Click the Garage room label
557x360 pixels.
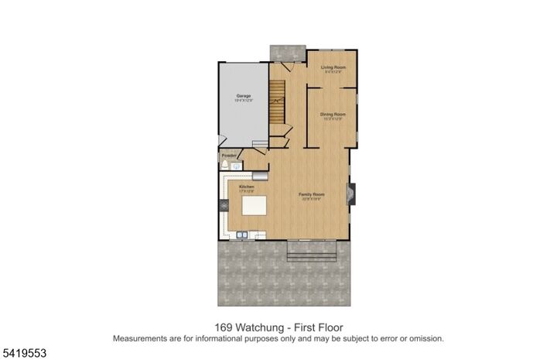coord(244,97)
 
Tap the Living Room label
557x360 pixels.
coord(333,68)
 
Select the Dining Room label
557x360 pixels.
coord(333,115)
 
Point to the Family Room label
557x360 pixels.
coord(313,194)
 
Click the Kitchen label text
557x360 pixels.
coord(247,187)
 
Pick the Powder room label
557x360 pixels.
coord(229,156)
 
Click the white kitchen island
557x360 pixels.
coord(255,207)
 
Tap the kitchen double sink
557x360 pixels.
coord(243,234)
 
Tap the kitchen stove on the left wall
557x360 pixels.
coord(224,206)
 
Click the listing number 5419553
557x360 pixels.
coord(24,352)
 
